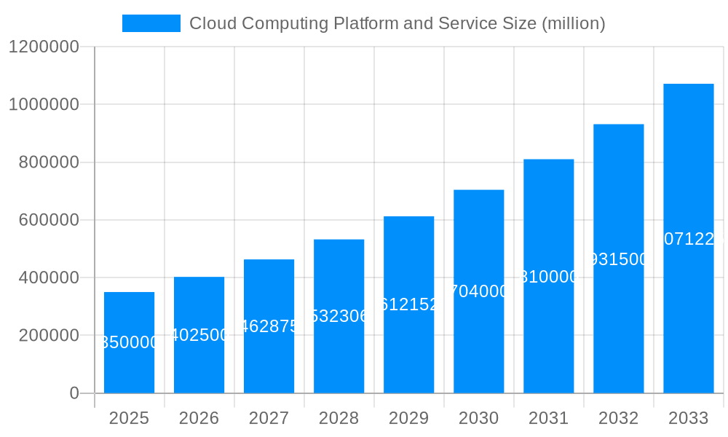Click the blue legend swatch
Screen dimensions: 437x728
tap(151, 23)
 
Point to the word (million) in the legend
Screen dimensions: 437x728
tap(574, 23)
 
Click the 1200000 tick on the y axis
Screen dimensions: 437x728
tap(43, 47)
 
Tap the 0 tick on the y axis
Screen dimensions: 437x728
tap(74, 393)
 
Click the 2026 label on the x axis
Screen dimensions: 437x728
tap(199, 418)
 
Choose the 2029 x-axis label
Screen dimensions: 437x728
tap(408, 418)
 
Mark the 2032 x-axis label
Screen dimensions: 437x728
tap(618, 418)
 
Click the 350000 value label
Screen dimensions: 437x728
tap(129, 342)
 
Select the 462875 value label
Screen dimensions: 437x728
tap(269, 326)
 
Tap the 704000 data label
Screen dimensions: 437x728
tap(478, 291)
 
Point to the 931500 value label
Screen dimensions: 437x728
tap(618, 259)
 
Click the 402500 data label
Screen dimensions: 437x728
tap(199, 335)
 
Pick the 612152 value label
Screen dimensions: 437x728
tap(408, 304)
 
